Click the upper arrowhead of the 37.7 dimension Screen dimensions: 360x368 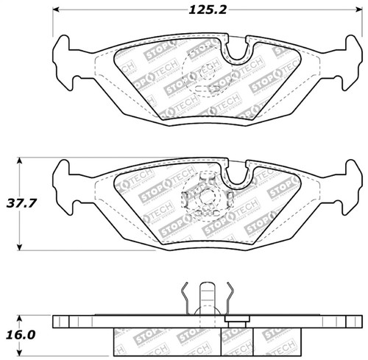pyautogui.click(x=20, y=158)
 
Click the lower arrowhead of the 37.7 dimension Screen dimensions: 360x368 pyautogui.click(x=20, y=248)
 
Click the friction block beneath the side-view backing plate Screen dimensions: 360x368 pyautogui.click(x=184, y=340)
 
